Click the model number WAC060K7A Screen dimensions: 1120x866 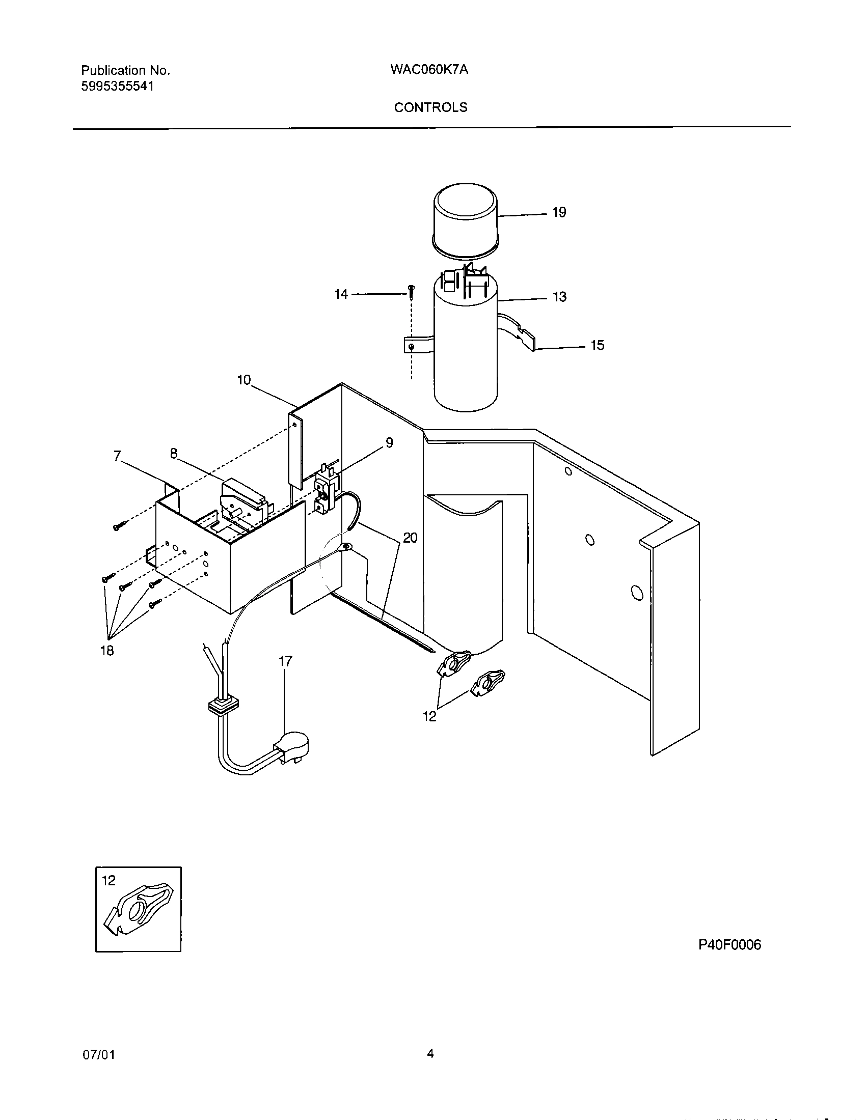coord(429,70)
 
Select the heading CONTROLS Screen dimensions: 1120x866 coord(430,107)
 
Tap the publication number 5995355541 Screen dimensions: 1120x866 coord(118,86)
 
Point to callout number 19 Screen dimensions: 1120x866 coord(559,212)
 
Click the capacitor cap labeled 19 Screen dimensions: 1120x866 coord(465,218)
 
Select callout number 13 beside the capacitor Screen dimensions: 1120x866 coord(559,297)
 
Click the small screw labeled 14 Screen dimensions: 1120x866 coord(411,291)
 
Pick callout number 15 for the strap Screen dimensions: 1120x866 coord(597,345)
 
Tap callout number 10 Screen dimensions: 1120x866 coord(243,380)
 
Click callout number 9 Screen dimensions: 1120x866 coord(389,443)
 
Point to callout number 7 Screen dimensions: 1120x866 coord(118,456)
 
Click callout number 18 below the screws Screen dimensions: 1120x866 coord(106,651)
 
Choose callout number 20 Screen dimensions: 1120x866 coord(410,538)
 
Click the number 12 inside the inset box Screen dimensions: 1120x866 coord(109,881)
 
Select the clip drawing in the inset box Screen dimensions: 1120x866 coord(141,912)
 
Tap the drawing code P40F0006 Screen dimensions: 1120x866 coord(729,944)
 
